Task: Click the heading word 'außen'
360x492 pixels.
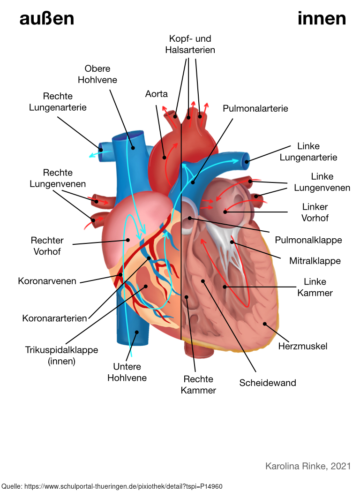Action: (x=46, y=19)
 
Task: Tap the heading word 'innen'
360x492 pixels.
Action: (x=322, y=19)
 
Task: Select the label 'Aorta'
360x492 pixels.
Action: (x=156, y=94)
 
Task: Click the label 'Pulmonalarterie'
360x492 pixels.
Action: (x=255, y=108)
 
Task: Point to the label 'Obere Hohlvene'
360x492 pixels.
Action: (x=97, y=74)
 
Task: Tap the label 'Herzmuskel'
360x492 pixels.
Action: (x=302, y=346)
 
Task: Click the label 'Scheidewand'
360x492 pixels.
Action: (x=268, y=383)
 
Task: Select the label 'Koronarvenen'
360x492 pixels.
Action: (x=47, y=281)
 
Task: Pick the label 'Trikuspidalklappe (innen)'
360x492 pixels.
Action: (x=61, y=356)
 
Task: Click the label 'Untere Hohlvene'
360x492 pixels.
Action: (x=127, y=372)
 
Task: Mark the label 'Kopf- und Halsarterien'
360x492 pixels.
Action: (x=190, y=44)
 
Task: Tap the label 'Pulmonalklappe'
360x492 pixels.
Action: (x=308, y=240)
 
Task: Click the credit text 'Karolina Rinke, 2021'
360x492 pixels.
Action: (x=307, y=466)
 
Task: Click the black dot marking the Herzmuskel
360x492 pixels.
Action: (x=265, y=324)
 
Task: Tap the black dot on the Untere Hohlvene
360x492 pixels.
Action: (x=136, y=332)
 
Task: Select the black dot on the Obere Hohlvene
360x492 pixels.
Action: (x=133, y=148)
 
